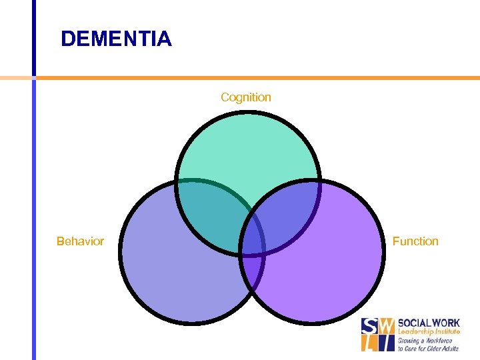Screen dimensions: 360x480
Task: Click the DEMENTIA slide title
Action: tap(116, 39)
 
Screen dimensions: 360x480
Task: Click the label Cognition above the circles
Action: tap(246, 97)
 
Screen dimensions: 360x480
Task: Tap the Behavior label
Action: tap(80, 241)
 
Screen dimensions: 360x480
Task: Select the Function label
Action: tap(415, 241)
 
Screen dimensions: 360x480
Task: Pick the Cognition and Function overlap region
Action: tap(287, 217)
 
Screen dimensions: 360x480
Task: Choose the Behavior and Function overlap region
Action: tap(253, 270)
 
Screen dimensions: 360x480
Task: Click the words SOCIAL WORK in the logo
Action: tap(429, 323)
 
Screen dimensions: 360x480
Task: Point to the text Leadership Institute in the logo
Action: tap(428, 332)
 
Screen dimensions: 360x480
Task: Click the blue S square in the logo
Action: tap(369, 326)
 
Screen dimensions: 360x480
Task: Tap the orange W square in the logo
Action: tap(386, 326)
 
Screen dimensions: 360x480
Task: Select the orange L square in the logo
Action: tap(369, 343)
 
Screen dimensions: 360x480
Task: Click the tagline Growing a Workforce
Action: tap(425, 341)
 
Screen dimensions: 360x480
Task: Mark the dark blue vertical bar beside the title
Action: tap(33, 37)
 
